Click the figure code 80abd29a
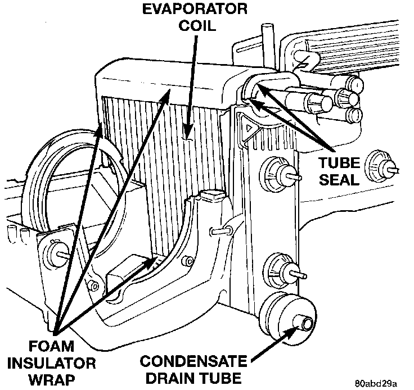pyautogui.click(x=377, y=384)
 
